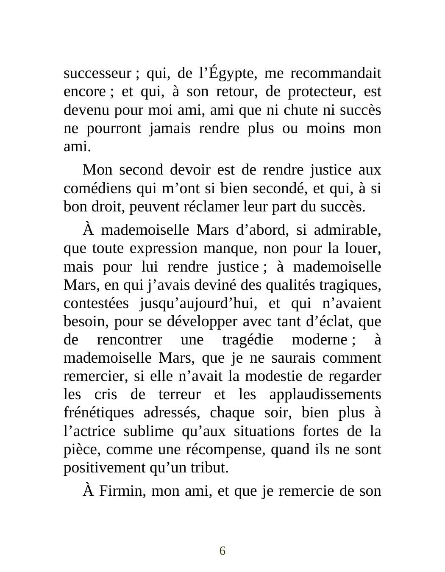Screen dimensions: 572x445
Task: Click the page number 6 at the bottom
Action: click(222, 551)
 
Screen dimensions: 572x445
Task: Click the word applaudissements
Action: click(325, 394)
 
